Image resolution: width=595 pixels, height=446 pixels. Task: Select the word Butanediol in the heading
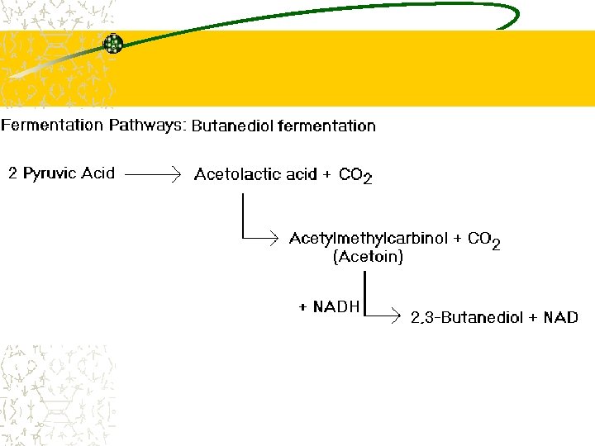(x=233, y=126)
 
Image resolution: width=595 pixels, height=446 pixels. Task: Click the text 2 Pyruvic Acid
(x=61, y=174)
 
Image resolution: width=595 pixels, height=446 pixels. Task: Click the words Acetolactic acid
(x=255, y=174)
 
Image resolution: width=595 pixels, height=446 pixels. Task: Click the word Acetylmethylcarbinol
(x=369, y=239)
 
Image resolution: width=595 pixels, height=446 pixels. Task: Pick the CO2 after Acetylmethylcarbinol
(x=483, y=240)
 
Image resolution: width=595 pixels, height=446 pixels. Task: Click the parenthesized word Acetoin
(x=368, y=258)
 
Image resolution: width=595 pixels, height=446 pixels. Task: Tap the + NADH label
(x=329, y=307)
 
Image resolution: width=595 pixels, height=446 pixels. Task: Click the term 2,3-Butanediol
(x=466, y=318)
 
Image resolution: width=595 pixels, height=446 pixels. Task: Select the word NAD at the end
(x=560, y=318)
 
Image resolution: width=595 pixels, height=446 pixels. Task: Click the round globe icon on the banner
(x=112, y=44)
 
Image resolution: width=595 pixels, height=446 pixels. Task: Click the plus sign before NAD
(x=533, y=318)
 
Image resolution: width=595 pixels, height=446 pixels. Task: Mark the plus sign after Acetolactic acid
(x=328, y=175)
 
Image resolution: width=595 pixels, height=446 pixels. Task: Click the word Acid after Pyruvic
(x=98, y=174)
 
